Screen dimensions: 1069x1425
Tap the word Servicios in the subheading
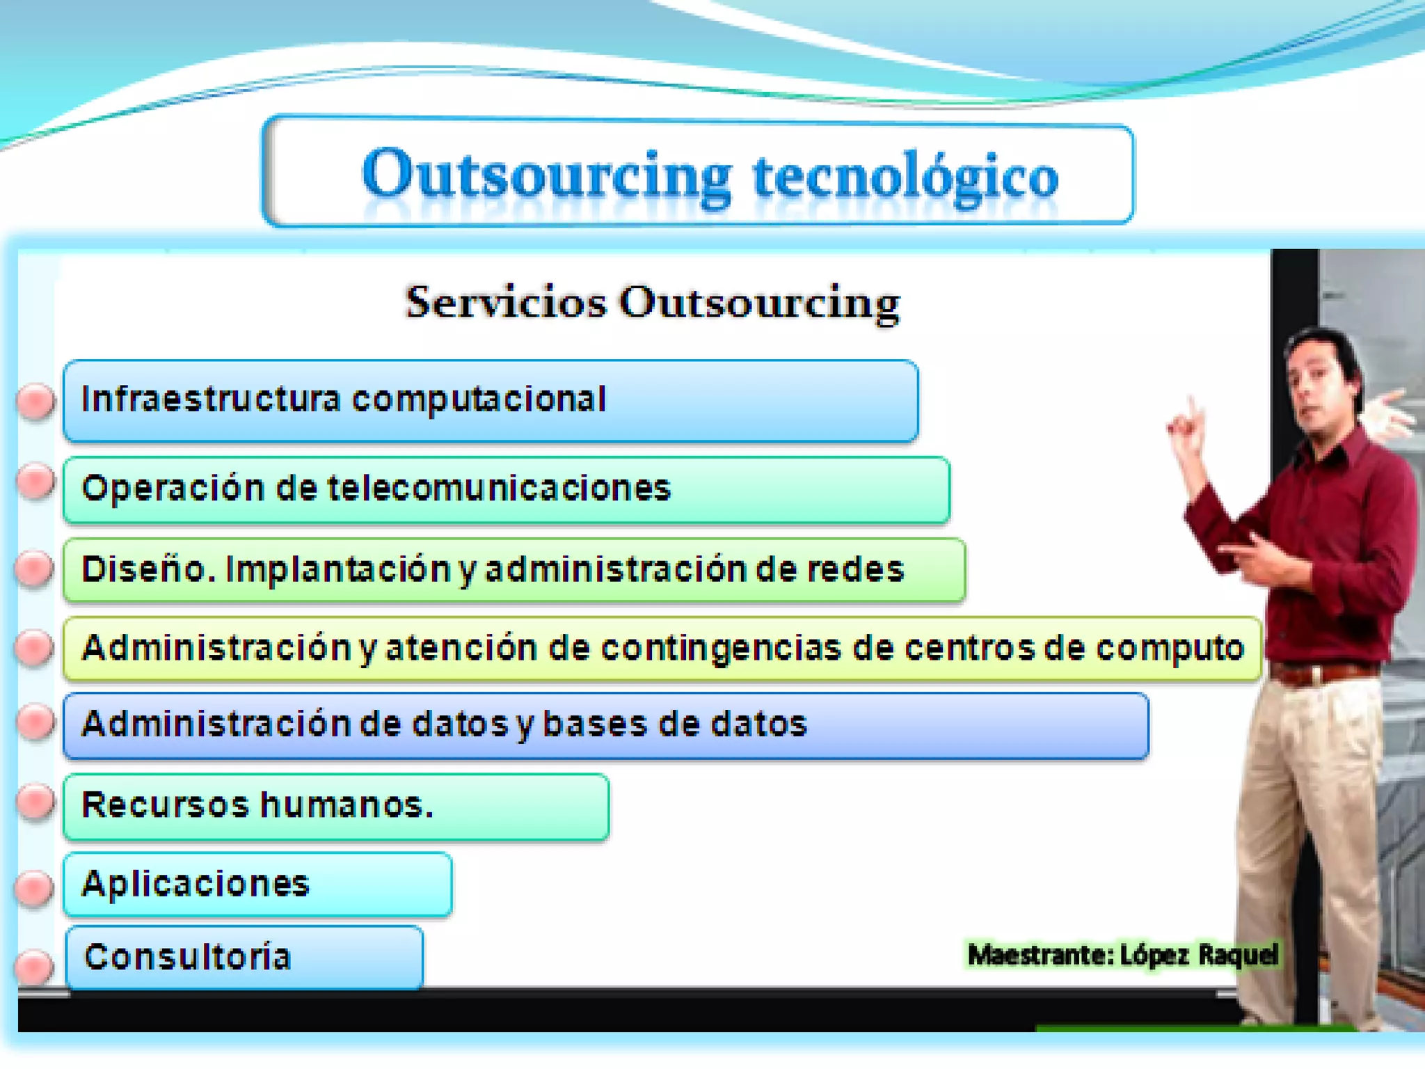tap(506, 303)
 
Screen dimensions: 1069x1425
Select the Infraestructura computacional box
tap(491, 401)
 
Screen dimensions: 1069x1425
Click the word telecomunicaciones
tap(499, 489)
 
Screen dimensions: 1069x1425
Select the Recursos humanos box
tap(336, 806)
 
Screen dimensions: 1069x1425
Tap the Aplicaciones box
tap(257, 884)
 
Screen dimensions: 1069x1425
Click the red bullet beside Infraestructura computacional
tap(35, 402)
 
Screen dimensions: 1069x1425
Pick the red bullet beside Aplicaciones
tap(34, 887)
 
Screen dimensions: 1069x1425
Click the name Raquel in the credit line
tap(1238, 954)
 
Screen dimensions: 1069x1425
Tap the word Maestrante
tap(1040, 955)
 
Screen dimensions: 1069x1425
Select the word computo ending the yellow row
tap(1169, 648)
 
